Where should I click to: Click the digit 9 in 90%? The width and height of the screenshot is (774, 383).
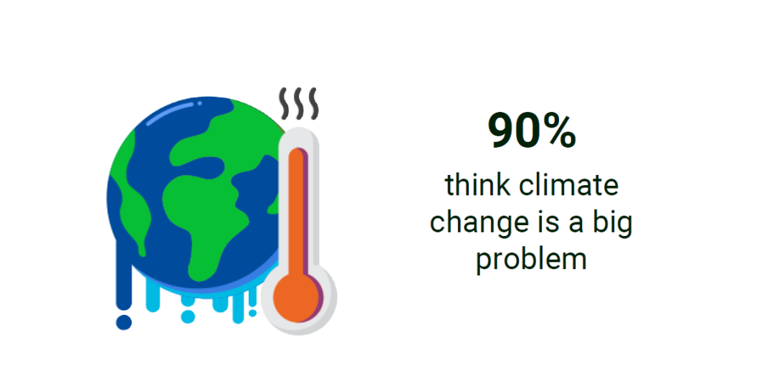501,131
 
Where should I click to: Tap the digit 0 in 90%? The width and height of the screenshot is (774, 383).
527,131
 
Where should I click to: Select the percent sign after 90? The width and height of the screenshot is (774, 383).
558,131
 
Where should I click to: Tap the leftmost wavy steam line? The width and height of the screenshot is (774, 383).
285,103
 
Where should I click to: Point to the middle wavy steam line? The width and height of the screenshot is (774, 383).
299,103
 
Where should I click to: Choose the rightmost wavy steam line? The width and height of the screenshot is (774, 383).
312,103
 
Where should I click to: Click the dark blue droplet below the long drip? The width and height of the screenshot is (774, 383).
123,322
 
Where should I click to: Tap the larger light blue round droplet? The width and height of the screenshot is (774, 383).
188,316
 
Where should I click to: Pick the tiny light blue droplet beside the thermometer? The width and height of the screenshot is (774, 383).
252,313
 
